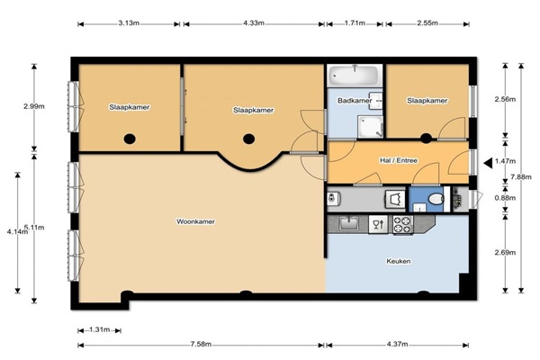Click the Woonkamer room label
click(x=195, y=221)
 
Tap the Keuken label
click(x=399, y=261)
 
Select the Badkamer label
click(x=355, y=101)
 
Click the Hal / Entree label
click(x=399, y=160)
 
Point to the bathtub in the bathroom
click(x=354, y=75)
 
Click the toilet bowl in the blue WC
click(x=436, y=199)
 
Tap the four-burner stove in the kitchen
click(x=403, y=225)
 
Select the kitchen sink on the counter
click(x=349, y=223)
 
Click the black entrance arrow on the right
click(x=488, y=163)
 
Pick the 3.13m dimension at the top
click(x=129, y=23)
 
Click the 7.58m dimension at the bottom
click(x=201, y=344)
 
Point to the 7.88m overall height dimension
click(x=521, y=177)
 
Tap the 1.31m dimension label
click(x=100, y=329)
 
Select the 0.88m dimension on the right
click(x=505, y=198)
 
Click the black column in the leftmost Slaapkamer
click(x=130, y=139)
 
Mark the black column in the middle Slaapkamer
click(x=248, y=139)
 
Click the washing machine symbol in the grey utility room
click(x=395, y=199)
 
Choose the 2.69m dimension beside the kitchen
click(x=505, y=253)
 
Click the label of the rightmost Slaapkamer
click(x=427, y=101)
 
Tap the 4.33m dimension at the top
click(x=254, y=23)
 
